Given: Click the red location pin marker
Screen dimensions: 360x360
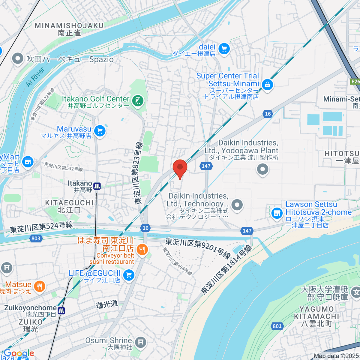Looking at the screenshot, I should pyautogui.click(x=180, y=168).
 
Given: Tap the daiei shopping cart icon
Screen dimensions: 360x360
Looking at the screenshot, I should pyautogui.click(x=224, y=49).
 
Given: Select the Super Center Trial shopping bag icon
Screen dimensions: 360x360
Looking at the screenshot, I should pyautogui.click(x=267, y=85).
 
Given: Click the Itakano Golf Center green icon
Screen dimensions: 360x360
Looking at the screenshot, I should pyautogui.click(x=138, y=101).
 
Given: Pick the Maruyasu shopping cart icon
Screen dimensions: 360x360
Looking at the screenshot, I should pyautogui.click(x=100, y=131).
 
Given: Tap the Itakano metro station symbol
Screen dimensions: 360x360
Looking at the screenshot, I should pyautogui.click(x=97, y=186).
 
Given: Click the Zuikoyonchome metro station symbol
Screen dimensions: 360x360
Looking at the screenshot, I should pyautogui.click(x=61, y=310).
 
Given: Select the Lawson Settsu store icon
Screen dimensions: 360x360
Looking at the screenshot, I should pyautogui.click(x=277, y=213).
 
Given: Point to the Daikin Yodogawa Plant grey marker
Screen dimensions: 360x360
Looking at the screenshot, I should pyautogui.click(x=262, y=169).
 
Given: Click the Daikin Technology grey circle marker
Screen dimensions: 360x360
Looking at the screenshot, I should pyautogui.click(x=237, y=205).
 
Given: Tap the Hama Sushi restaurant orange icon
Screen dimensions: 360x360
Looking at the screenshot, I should pyautogui.click(x=142, y=250).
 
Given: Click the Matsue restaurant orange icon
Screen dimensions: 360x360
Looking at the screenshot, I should pyautogui.click(x=39, y=286).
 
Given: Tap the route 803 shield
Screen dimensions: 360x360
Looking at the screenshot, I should pyautogui.click(x=36, y=238).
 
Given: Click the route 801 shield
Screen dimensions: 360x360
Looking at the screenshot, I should pyautogui.click(x=277, y=326).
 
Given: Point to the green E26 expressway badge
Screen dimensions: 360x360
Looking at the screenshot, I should pyautogui.click(x=355, y=82).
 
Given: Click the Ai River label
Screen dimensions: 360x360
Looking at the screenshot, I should pyautogui.click(x=35, y=77).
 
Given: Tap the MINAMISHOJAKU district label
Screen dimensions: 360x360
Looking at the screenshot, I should pyautogui.click(x=69, y=25).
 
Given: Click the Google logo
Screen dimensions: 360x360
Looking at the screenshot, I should pyautogui.click(x=19, y=353).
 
